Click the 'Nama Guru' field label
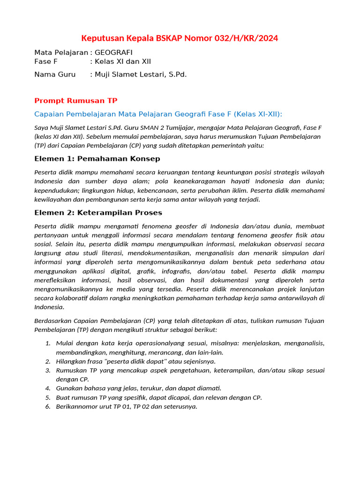pyautogui.click(x=55, y=75)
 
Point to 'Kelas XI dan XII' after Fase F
pyautogui.click(x=123, y=61)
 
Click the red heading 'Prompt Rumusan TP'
pyautogui.click(x=76, y=101)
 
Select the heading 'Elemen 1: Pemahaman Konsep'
pyautogui.click(x=97, y=158)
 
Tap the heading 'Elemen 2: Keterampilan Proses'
pyautogui.click(x=98, y=213)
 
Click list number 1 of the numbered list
pyautogui.click(x=48, y=343)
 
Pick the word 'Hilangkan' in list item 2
pyautogui.click(x=71, y=361)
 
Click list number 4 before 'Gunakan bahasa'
pyautogui.click(x=48, y=388)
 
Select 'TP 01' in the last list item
pyautogui.click(x=132, y=406)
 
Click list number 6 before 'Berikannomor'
pyautogui.click(x=48, y=406)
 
